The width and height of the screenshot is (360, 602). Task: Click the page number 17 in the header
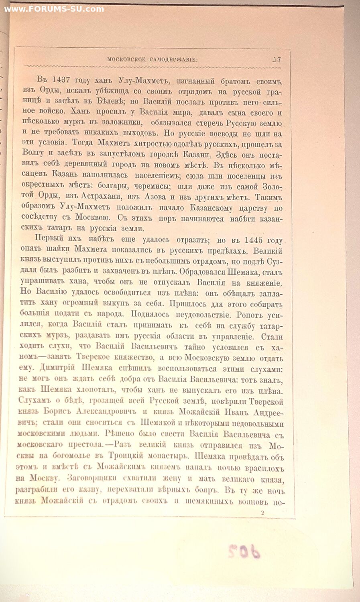[277, 59]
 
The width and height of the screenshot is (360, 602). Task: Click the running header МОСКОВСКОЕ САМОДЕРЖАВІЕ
[153, 59]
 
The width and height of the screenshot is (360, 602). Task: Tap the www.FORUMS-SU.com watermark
[54, 9]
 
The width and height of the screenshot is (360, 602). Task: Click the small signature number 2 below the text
[262, 512]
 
